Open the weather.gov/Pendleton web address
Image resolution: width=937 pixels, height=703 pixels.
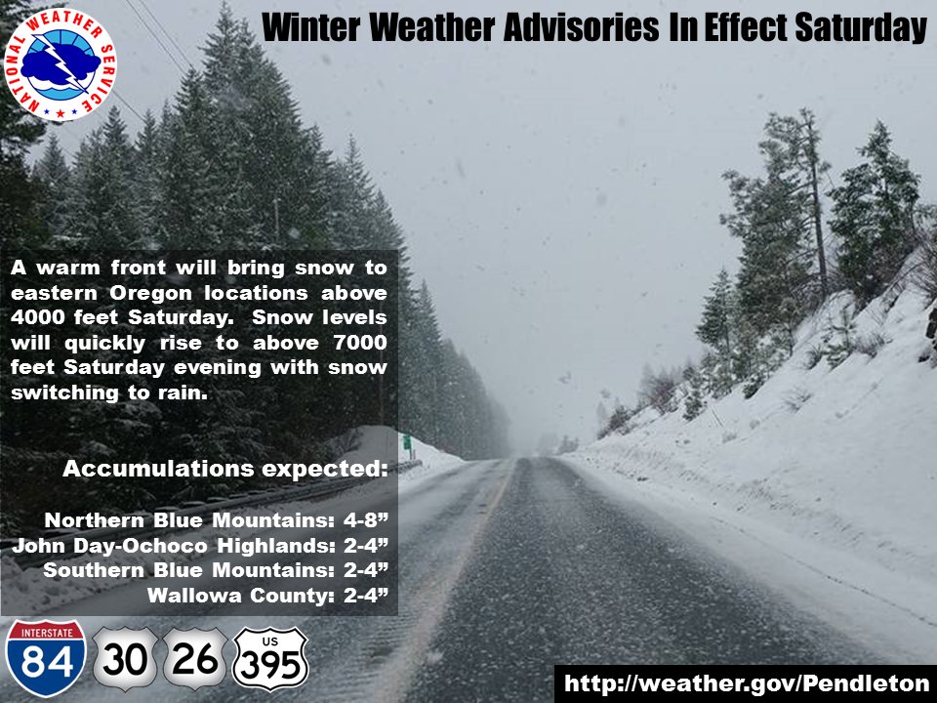(746, 682)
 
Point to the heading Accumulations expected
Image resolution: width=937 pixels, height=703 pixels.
(224, 469)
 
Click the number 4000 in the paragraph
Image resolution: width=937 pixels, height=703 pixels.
(42, 318)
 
